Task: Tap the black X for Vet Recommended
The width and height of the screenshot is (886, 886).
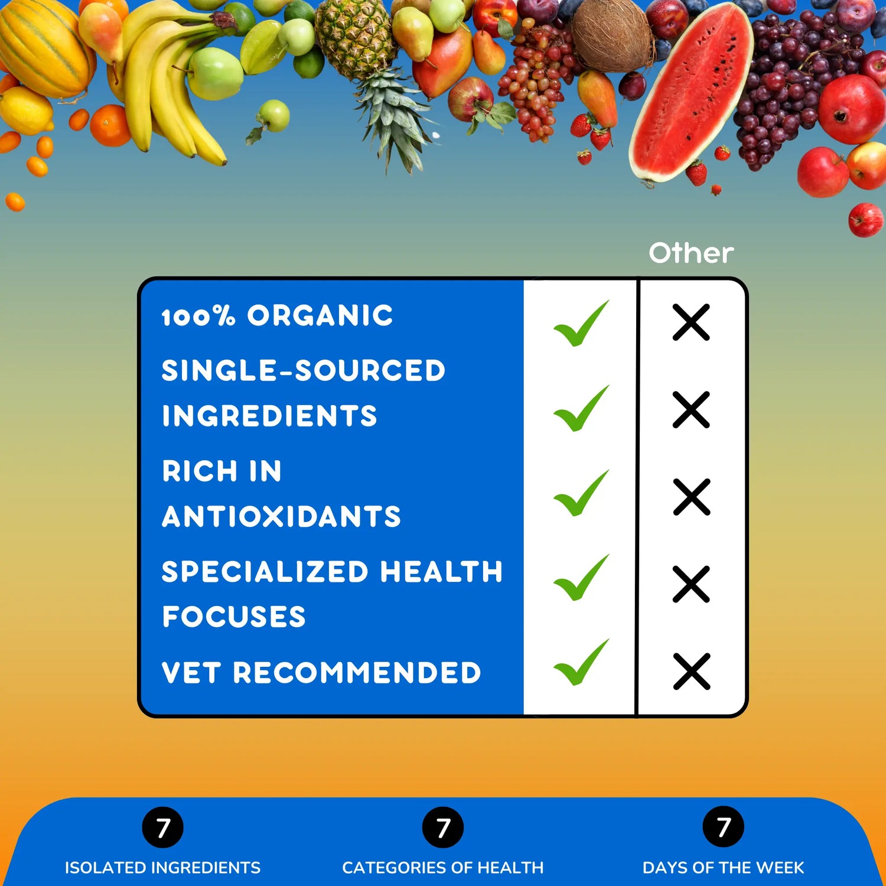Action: pos(691,672)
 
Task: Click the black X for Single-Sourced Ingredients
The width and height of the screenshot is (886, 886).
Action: pos(691,410)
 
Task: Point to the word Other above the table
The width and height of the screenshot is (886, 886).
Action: pos(691,253)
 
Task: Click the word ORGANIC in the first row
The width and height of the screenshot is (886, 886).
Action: pos(320,315)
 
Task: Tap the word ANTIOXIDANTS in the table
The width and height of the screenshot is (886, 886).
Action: pos(282,517)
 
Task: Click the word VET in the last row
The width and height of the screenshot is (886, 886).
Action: pos(191,673)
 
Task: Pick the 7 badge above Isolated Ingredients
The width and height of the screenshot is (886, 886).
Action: pos(163,827)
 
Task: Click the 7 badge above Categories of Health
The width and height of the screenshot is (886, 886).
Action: pos(443,827)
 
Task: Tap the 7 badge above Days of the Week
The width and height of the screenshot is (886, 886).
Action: pos(724,827)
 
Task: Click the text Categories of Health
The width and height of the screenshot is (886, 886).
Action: pos(443,868)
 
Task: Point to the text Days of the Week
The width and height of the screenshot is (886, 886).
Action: pos(724,868)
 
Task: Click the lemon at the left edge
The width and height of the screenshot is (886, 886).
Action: pos(25,110)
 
